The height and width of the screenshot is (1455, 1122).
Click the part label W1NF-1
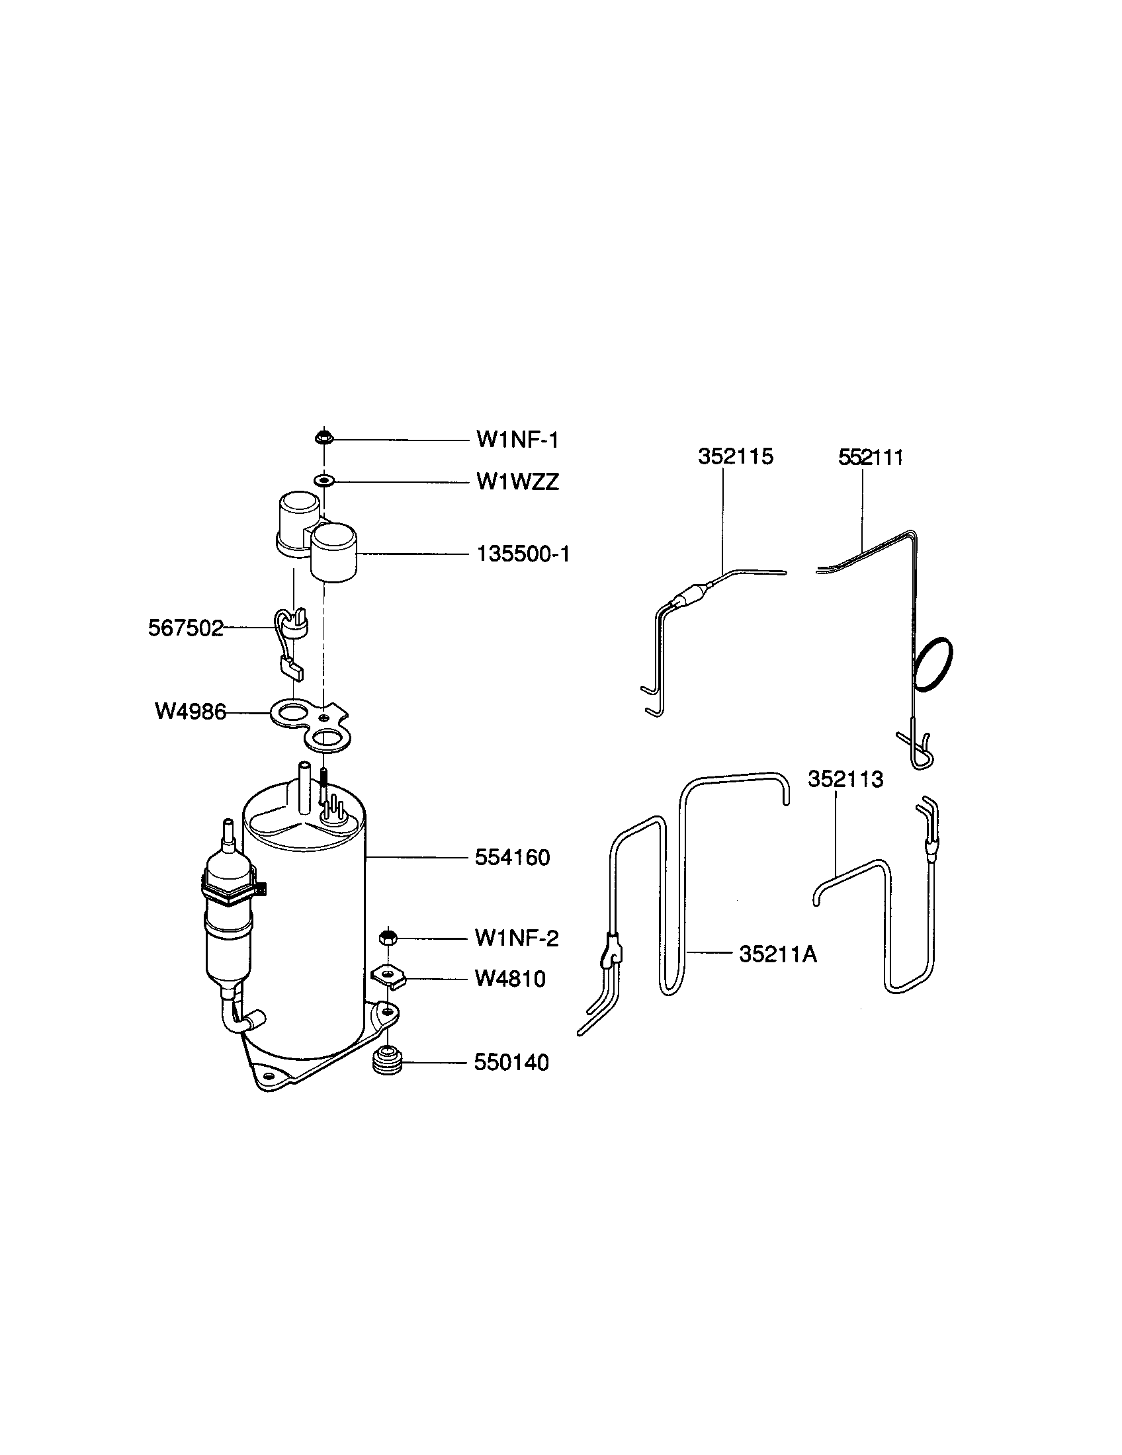[x=517, y=440]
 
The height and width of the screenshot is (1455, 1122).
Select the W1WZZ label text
[x=517, y=481]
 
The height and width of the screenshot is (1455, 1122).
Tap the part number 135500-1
[x=523, y=554]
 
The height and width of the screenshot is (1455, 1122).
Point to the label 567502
[x=186, y=628]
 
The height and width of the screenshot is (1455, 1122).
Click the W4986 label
[x=191, y=712]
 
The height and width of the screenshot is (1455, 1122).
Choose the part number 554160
[x=512, y=857]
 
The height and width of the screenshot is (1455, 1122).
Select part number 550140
[x=511, y=1063]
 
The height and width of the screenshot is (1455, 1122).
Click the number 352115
[x=736, y=456]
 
